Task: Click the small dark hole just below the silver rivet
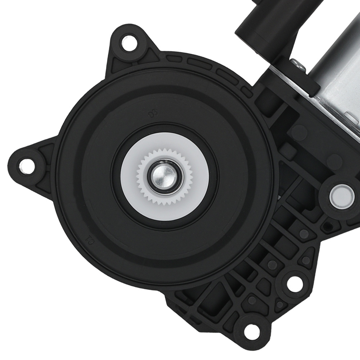[327, 226]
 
